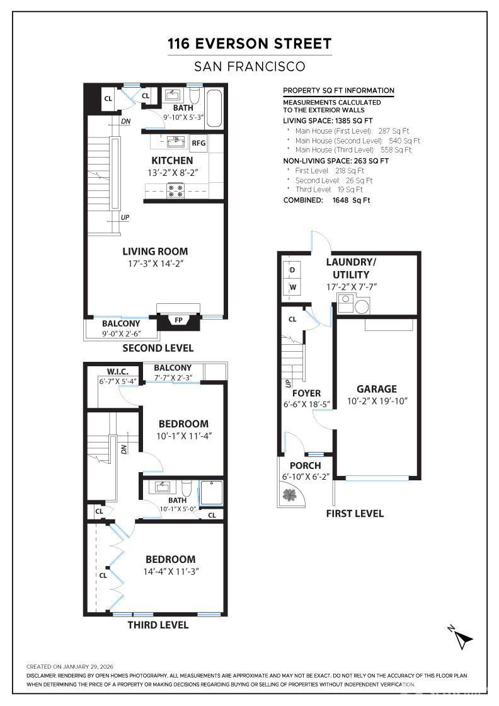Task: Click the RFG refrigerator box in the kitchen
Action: [198, 142]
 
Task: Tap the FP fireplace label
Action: [179, 320]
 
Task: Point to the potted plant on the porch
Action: [289, 495]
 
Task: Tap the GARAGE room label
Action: [377, 389]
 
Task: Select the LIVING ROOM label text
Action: [155, 252]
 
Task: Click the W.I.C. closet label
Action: [117, 372]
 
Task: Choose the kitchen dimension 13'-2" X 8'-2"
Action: [173, 173]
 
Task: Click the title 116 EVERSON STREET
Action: [249, 43]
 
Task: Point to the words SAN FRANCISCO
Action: [249, 67]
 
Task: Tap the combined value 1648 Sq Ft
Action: [351, 200]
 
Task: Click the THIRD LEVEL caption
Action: [158, 625]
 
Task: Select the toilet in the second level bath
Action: [195, 95]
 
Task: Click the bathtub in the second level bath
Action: [214, 108]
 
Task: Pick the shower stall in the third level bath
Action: [210, 493]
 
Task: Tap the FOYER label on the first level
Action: [306, 393]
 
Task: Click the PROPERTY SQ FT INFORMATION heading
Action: [338, 91]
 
